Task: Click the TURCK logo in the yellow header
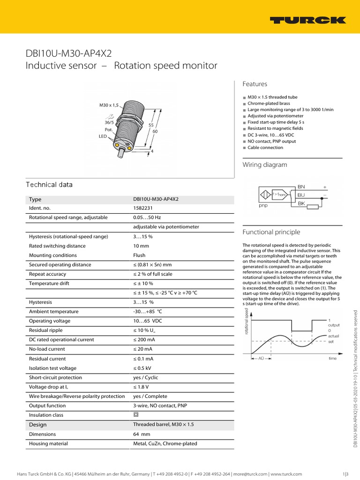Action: coord(307,20)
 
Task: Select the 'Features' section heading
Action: coord(255,84)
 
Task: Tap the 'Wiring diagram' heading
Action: coord(264,165)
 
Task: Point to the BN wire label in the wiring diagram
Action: coord(301,186)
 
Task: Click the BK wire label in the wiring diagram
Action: coord(301,203)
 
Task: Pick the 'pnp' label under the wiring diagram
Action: coord(263,205)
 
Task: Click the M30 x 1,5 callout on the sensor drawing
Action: coord(109,105)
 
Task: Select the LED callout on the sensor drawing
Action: coord(103,136)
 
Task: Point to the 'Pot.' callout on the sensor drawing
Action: coord(108,129)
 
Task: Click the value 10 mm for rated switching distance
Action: coord(141,246)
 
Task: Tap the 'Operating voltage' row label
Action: coord(50,321)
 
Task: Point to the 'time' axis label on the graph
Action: coord(332,358)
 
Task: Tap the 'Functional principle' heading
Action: coord(271,232)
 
